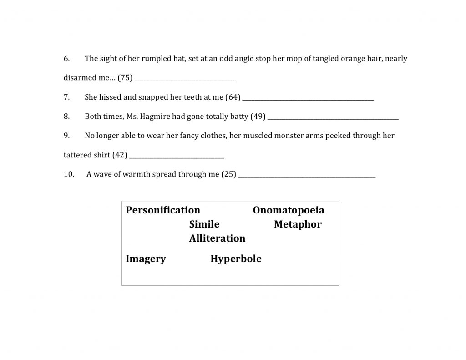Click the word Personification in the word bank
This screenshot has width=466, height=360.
[x=163, y=210]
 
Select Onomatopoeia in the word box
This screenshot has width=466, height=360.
[x=289, y=210]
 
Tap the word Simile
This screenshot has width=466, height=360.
[x=204, y=224]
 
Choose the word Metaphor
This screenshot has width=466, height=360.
[x=298, y=224]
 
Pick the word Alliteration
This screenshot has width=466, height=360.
[x=217, y=238]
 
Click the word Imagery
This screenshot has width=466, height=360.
[x=146, y=259]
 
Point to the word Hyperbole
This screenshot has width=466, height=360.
[x=236, y=259]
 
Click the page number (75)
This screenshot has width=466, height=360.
[x=125, y=78]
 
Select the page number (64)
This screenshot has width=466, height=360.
[x=233, y=97]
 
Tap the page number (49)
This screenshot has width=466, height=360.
[x=258, y=117]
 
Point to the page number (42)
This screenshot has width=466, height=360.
[x=119, y=155]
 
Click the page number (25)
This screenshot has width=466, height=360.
[x=228, y=174]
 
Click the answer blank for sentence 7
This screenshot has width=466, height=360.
[x=309, y=99]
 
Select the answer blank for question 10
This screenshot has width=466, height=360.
[x=307, y=176]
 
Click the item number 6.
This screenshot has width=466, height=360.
[x=66, y=59]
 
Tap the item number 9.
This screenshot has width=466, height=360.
[x=66, y=136]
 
